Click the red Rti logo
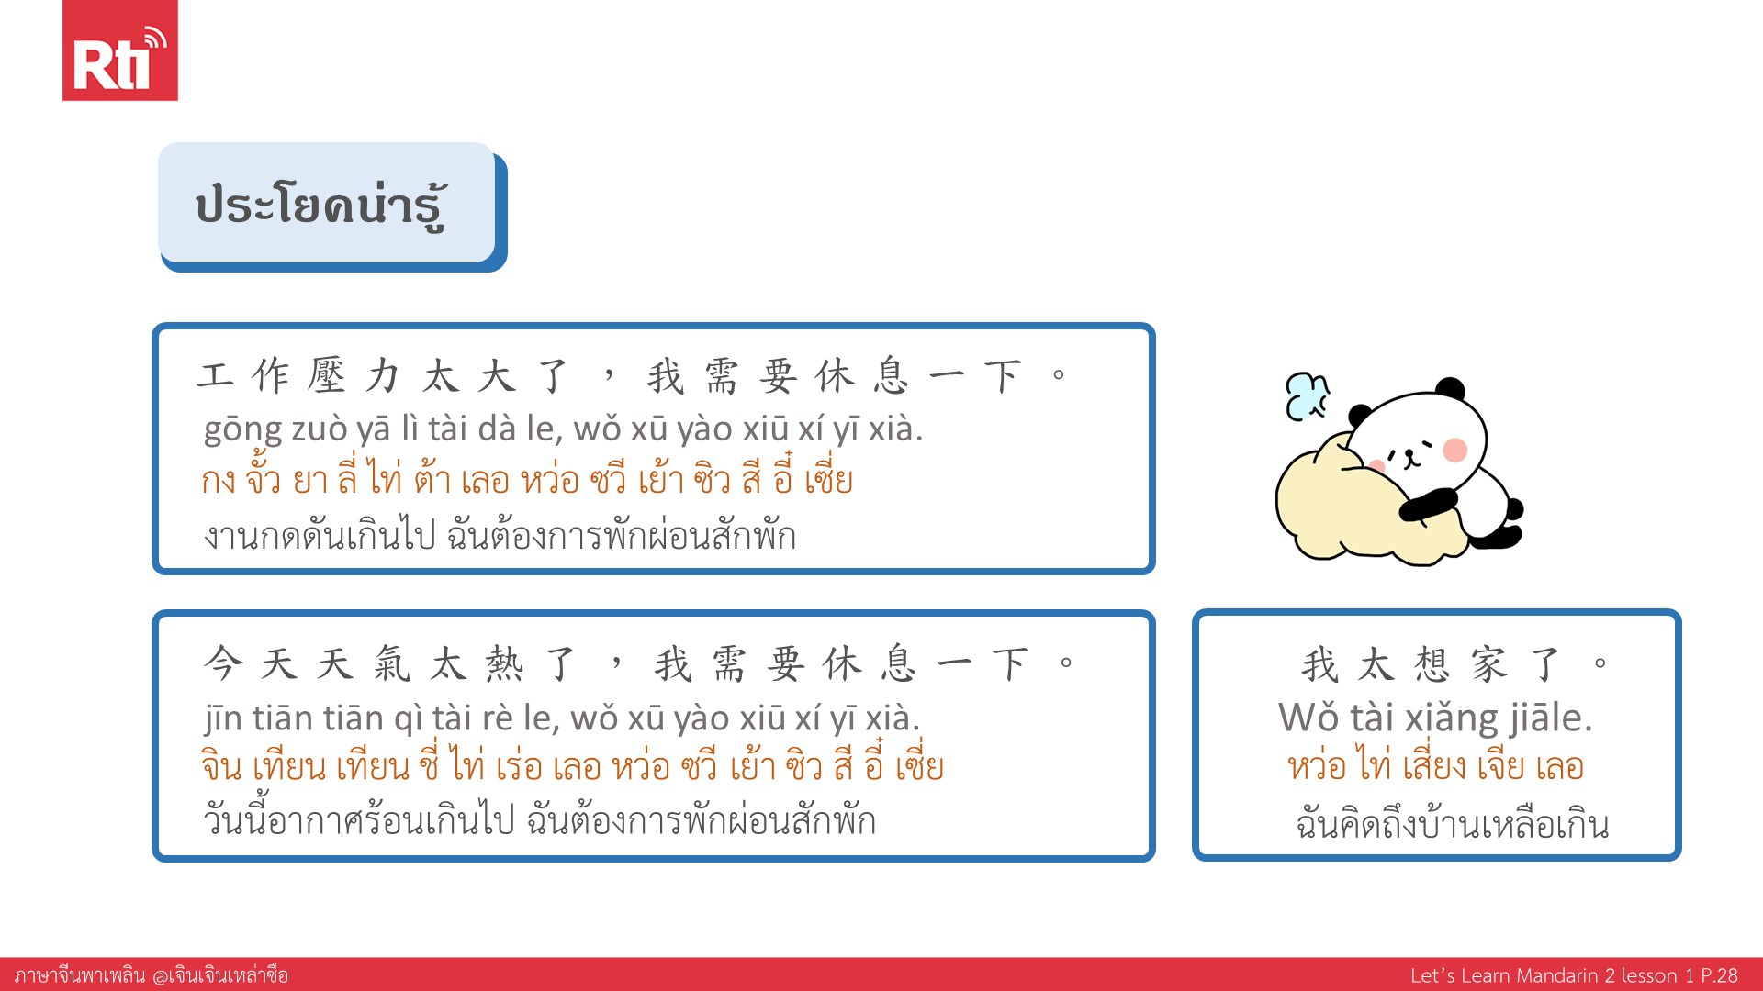[119, 50]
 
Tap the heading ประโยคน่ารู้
[321, 206]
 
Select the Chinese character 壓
[327, 376]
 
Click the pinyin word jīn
[223, 718]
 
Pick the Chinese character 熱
[504, 663]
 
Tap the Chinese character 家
[1488, 664]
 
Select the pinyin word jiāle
[1552, 718]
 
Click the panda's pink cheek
[1455, 450]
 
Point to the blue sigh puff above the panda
[1307, 396]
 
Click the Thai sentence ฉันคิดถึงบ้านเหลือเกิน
[1453, 824]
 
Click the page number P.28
[1719, 975]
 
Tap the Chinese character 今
[223, 663]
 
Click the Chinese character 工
[215, 376]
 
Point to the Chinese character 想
[1432, 664]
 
